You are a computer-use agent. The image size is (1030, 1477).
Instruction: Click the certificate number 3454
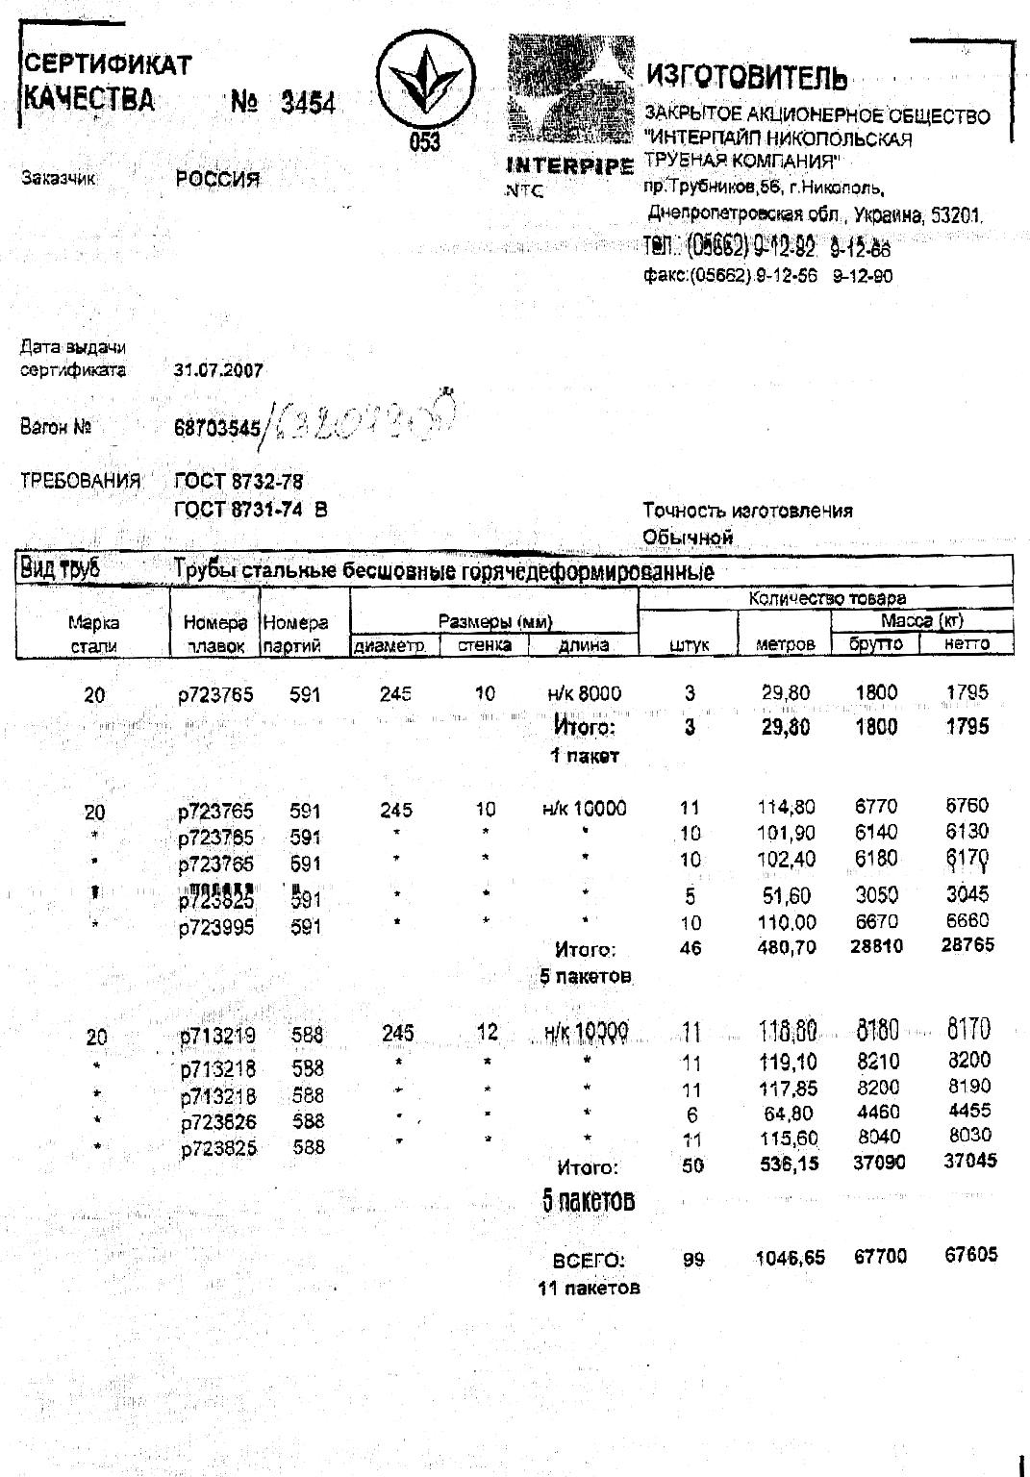308,103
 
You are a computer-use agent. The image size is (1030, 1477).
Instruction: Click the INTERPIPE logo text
569,165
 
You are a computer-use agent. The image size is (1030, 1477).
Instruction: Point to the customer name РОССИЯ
217,179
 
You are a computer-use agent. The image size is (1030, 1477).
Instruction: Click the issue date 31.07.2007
218,370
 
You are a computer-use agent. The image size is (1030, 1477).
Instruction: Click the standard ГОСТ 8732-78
239,482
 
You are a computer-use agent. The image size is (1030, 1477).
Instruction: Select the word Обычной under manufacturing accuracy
688,537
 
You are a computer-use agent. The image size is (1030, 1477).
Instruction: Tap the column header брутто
875,644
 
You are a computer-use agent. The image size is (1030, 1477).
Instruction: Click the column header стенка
484,645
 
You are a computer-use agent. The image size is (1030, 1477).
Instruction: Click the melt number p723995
216,928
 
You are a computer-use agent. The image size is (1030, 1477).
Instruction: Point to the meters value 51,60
787,896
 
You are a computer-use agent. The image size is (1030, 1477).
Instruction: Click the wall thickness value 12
488,1033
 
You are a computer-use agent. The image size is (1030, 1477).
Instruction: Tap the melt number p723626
219,1121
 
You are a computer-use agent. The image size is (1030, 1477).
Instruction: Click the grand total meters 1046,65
790,1258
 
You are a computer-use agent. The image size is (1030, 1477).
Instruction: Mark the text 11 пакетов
589,1288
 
